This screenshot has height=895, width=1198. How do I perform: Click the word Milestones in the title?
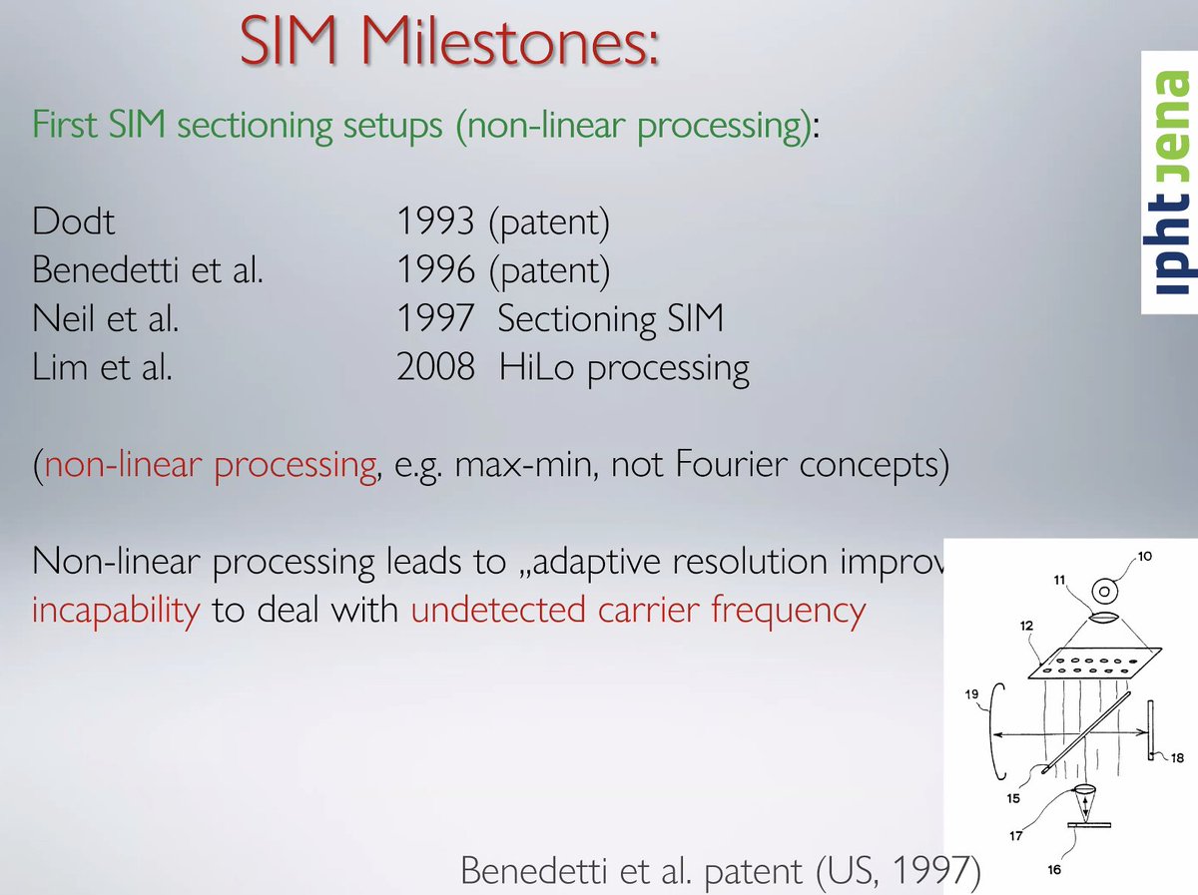click(510, 42)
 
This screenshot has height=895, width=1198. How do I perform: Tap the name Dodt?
click(73, 221)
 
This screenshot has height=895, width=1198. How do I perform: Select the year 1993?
click(435, 221)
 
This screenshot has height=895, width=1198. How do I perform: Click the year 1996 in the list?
click(435, 269)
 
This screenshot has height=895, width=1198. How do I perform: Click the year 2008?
click(435, 366)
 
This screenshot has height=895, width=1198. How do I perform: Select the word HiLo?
click(536, 366)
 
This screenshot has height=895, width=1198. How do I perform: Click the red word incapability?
click(116, 611)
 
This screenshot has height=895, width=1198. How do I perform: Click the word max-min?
click(525, 465)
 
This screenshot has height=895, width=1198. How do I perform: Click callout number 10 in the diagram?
click(1144, 557)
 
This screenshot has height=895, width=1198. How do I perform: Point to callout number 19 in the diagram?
click(971, 694)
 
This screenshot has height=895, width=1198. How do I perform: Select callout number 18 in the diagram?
click(1177, 757)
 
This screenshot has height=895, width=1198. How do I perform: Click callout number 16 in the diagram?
click(1054, 869)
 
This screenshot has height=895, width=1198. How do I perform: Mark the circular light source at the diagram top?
click(1105, 592)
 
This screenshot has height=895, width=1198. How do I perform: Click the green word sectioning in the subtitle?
click(255, 126)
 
